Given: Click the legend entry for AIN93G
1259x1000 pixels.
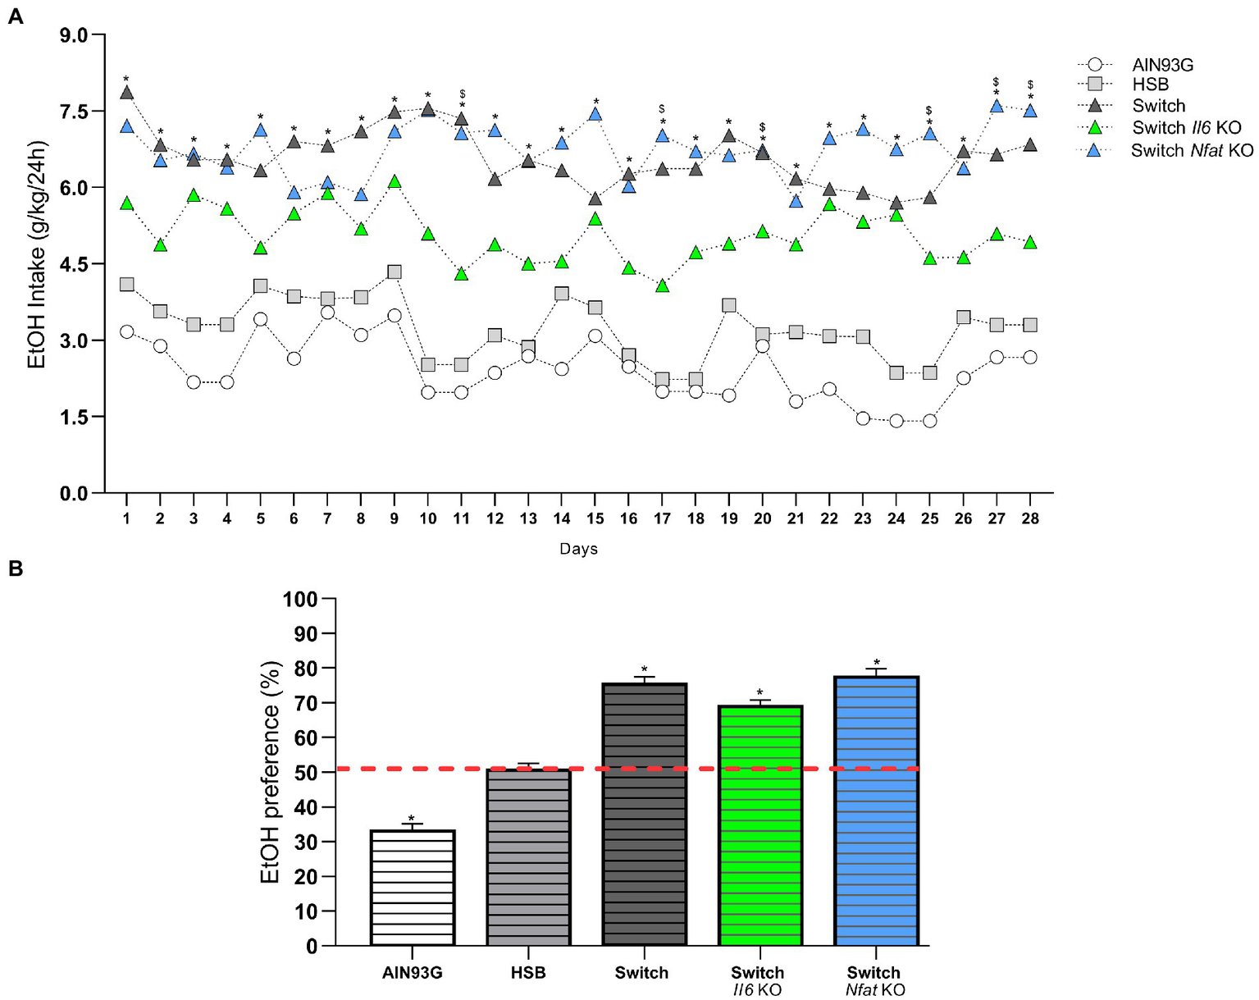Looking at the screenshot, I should (x=1162, y=64).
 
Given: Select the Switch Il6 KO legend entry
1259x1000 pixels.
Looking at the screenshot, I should (x=1186, y=127).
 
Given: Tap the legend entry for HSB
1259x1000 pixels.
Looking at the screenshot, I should (x=1150, y=84).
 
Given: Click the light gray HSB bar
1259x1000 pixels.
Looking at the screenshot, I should (x=528, y=857).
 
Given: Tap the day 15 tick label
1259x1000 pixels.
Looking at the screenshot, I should (x=595, y=518).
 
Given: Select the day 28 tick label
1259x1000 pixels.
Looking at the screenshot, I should (x=1030, y=518).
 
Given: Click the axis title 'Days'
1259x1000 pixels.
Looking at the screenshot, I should (x=578, y=549).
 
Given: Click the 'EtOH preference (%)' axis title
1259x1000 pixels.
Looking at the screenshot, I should (x=271, y=772).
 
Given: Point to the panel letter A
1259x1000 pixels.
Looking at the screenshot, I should (x=15, y=16).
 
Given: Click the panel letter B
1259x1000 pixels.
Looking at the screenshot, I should (x=15, y=568).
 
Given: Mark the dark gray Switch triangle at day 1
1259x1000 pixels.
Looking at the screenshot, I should (x=126, y=93).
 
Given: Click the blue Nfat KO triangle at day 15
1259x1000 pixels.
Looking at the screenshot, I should (x=595, y=114).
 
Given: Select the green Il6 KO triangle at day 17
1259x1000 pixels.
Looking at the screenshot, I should (x=662, y=285).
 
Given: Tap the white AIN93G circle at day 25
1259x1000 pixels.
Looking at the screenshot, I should (x=929, y=421).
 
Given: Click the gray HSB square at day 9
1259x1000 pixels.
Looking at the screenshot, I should (x=395, y=272).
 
